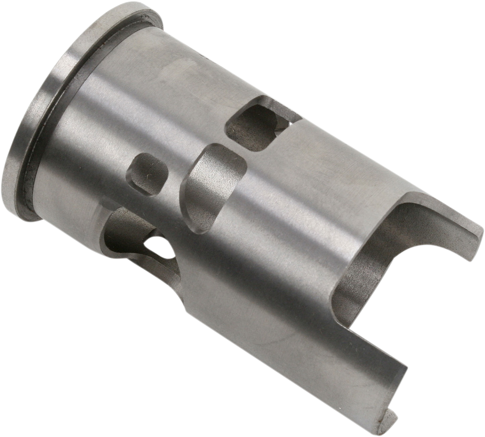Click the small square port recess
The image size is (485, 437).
tap(148, 174)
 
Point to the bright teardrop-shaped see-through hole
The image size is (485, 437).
tap(161, 247)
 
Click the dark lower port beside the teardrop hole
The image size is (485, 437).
tap(126, 230)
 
